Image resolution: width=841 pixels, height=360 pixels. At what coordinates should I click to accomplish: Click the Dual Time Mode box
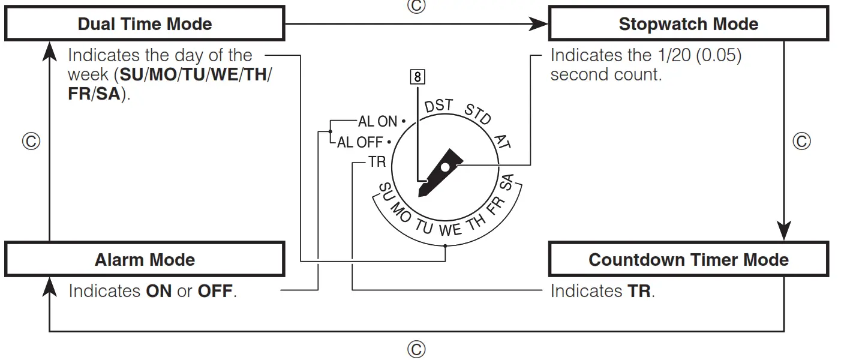(145, 25)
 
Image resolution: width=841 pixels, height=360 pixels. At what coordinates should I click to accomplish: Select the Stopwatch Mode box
(688, 25)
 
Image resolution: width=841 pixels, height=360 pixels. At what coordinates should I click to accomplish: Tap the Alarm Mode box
(145, 260)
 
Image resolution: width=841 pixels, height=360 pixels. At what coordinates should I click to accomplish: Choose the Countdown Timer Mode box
(688, 260)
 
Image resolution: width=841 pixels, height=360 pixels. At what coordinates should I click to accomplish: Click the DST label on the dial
(438, 107)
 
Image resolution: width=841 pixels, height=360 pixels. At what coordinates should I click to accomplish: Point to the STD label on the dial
(477, 114)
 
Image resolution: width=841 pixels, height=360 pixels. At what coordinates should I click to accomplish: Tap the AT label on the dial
(502, 142)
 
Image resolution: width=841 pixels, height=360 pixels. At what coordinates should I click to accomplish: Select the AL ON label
(377, 122)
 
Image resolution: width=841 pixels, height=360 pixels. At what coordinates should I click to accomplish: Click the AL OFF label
(360, 143)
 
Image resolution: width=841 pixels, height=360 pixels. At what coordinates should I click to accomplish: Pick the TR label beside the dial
(377, 163)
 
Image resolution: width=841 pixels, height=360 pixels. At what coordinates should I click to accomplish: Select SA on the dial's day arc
(507, 181)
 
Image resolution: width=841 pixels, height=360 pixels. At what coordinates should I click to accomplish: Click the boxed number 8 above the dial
(418, 76)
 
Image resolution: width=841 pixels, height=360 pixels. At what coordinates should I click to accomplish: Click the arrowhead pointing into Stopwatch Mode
(540, 25)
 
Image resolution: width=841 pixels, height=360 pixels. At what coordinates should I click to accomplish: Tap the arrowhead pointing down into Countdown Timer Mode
(784, 231)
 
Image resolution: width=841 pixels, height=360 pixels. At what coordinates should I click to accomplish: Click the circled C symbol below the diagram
(416, 349)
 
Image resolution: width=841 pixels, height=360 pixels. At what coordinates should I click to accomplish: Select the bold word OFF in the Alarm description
(215, 292)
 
